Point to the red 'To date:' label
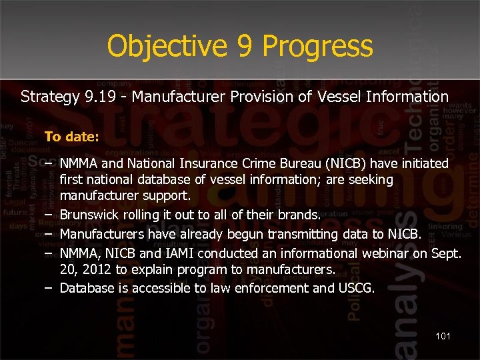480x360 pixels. (71, 137)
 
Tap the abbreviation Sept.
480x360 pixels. (447, 253)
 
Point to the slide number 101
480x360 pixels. (443, 336)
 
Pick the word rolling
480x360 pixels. (144, 215)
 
